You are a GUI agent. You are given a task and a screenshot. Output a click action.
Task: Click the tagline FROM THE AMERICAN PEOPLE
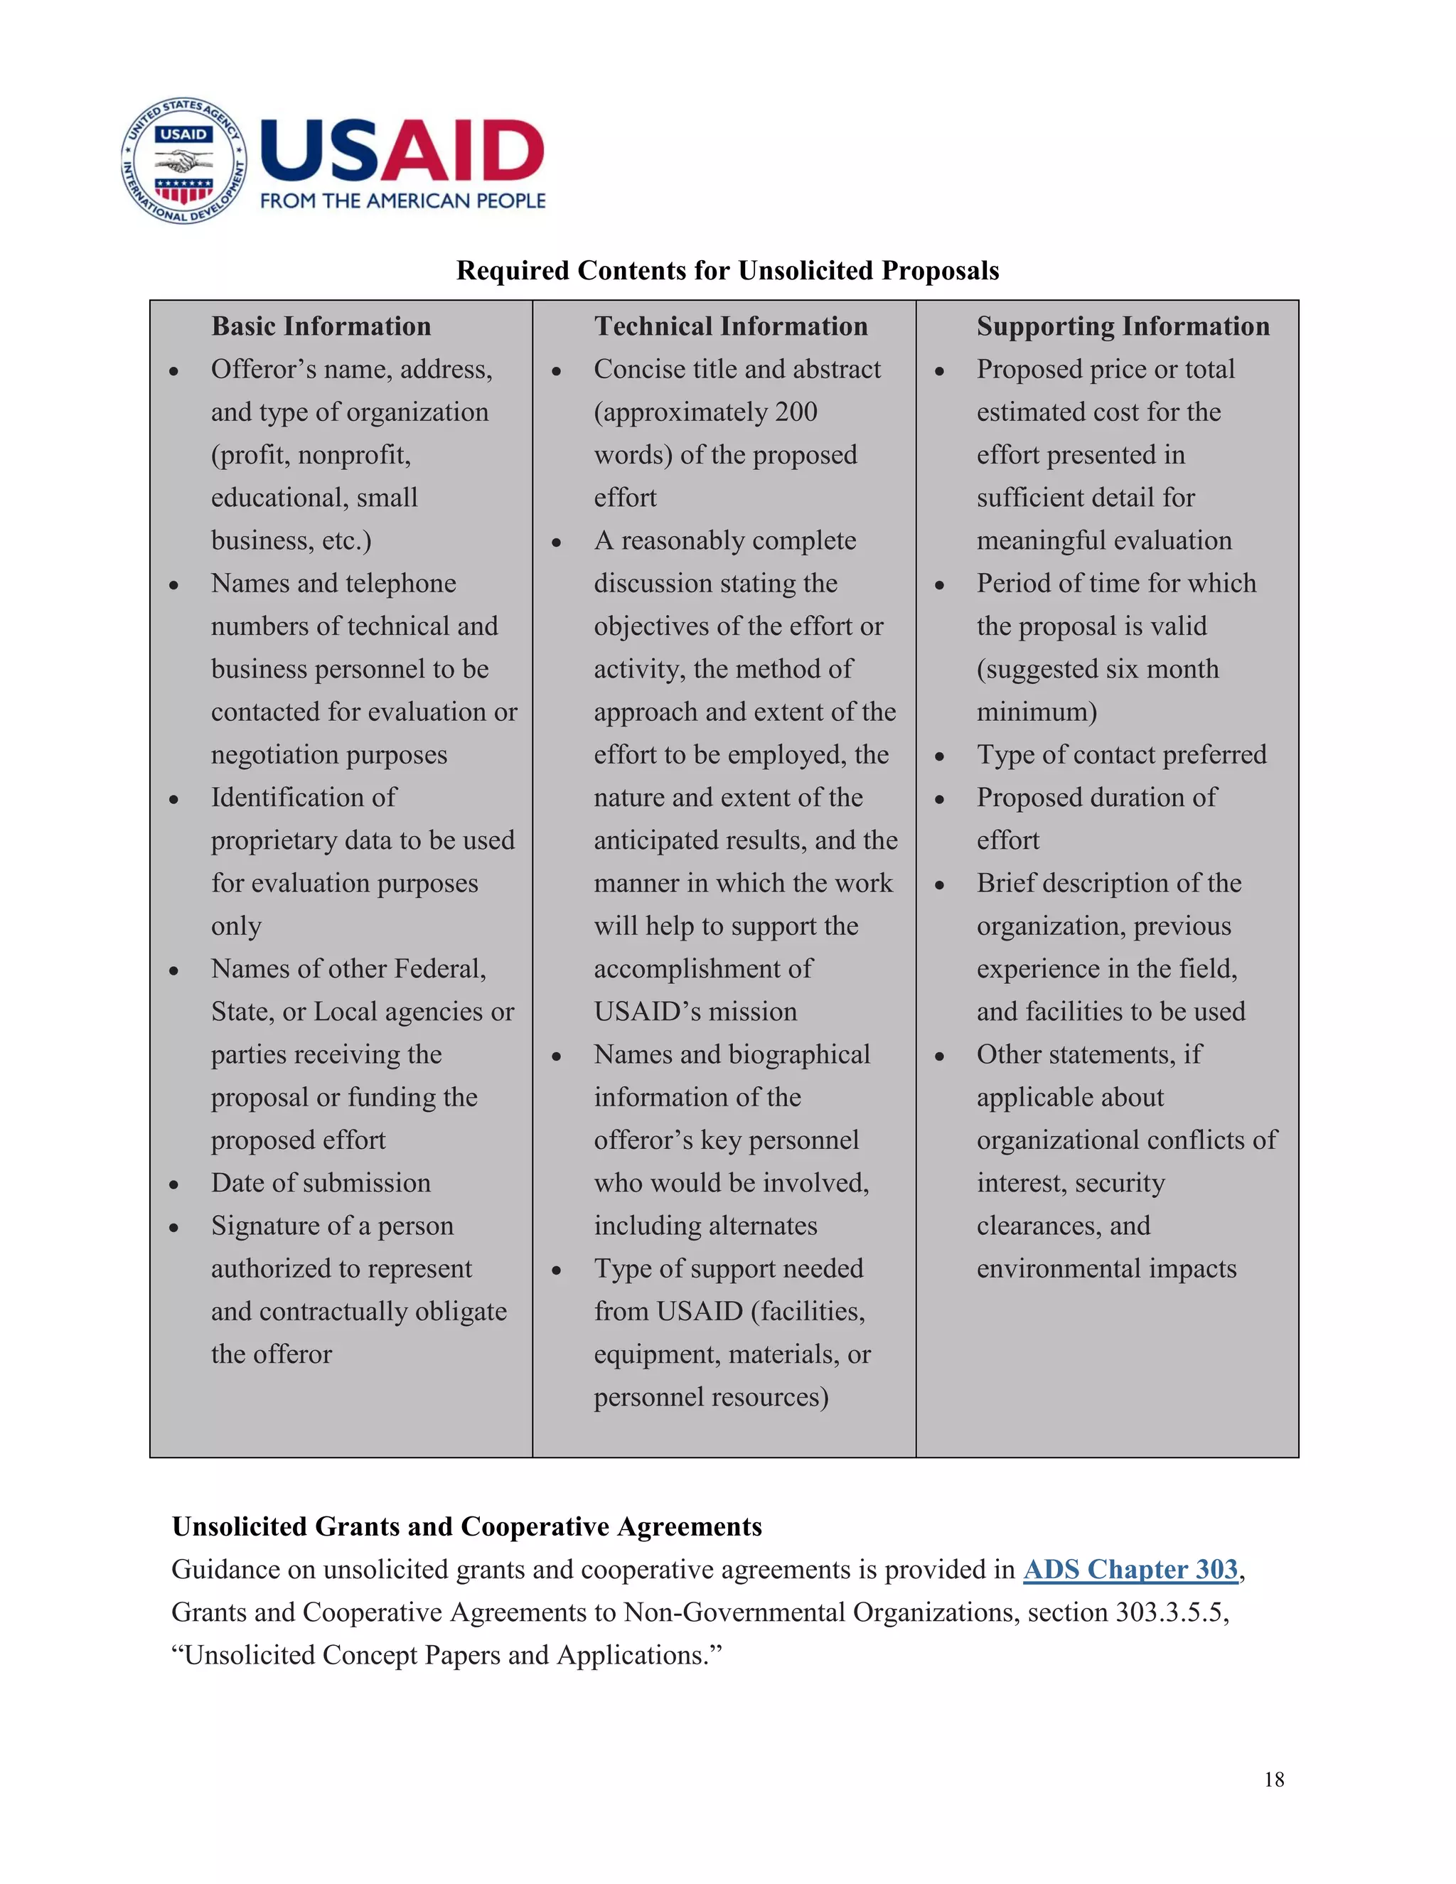[403, 201]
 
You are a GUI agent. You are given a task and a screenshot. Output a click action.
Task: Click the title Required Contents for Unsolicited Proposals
[727, 271]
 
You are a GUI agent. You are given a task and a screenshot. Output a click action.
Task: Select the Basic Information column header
[321, 326]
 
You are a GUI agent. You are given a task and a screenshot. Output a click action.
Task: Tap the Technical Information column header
[731, 326]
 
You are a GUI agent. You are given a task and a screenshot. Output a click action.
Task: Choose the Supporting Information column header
[1122, 326]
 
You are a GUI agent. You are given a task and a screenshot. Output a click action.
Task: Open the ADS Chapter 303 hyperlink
[1130, 1569]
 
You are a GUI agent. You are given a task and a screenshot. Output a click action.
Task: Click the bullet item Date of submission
[321, 1183]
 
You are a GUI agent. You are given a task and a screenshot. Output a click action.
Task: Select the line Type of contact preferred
[1120, 755]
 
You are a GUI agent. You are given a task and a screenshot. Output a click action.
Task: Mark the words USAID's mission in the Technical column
[695, 1012]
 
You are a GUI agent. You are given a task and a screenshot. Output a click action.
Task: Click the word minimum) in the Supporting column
[1036, 712]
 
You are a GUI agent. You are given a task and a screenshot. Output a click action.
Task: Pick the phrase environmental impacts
[1106, 1269]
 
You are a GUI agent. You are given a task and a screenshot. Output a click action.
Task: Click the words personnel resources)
[711, 1398]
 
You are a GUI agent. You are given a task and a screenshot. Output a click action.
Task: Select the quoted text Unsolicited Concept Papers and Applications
[446, 1655]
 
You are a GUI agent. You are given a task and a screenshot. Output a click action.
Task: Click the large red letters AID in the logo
[461, 151]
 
